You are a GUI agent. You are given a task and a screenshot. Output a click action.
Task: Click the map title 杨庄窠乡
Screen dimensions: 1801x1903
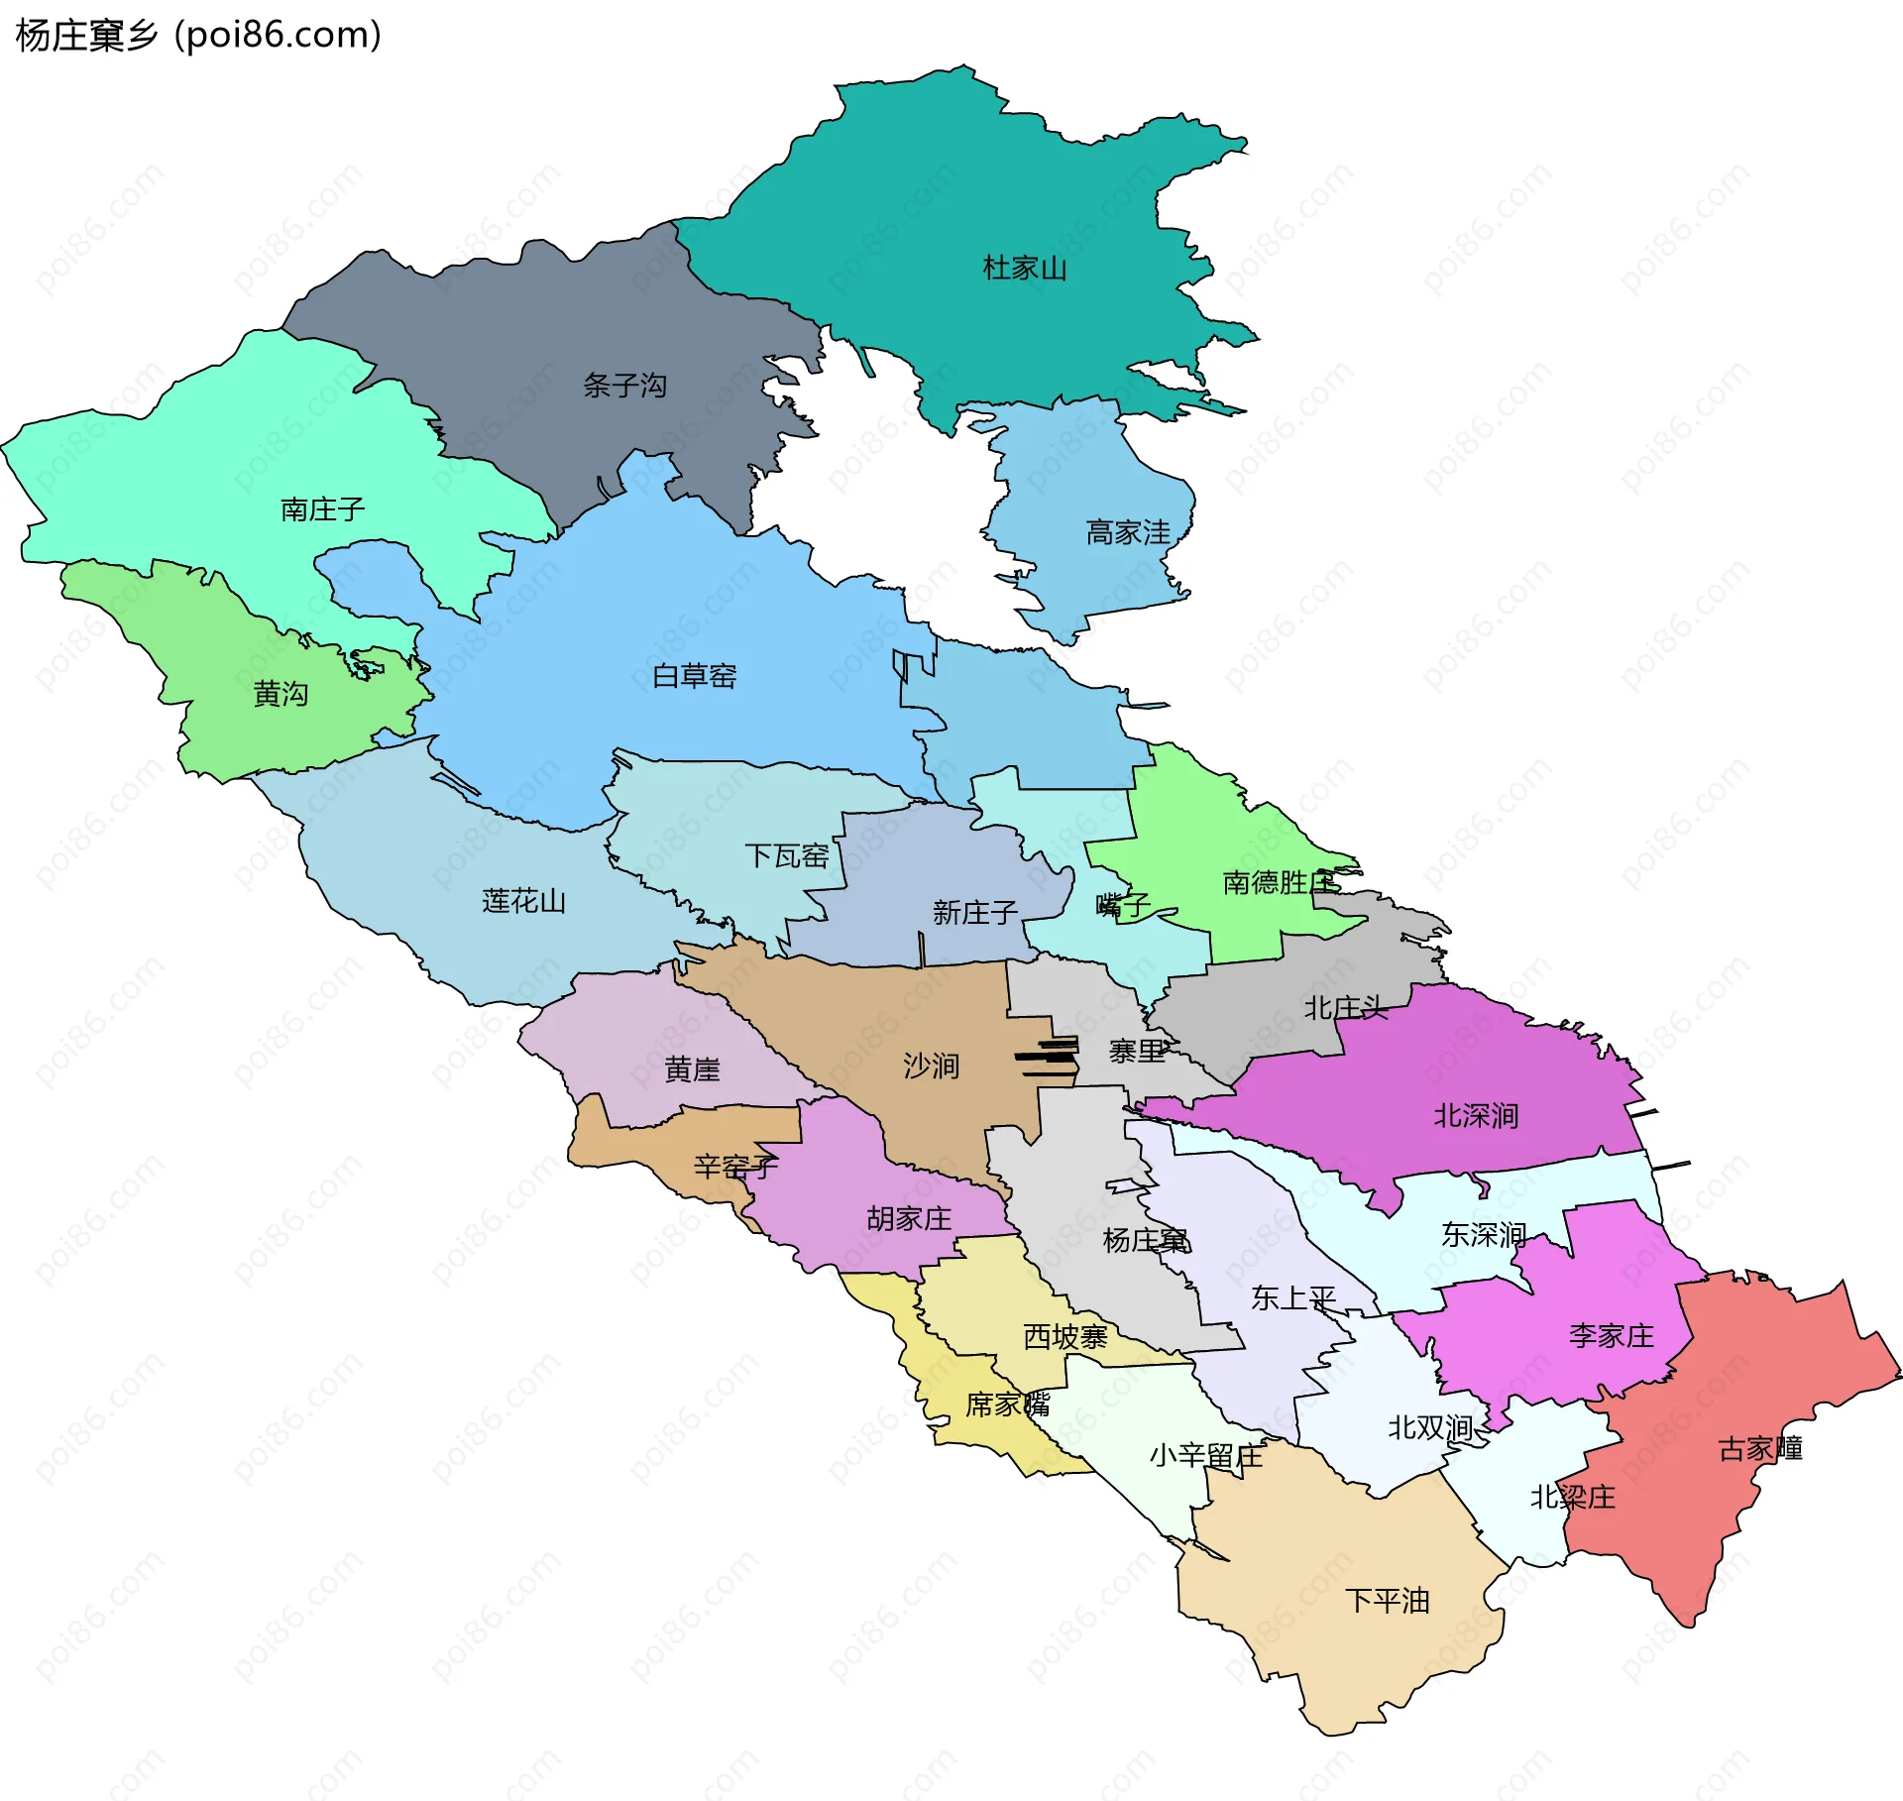click(x=87, y=35)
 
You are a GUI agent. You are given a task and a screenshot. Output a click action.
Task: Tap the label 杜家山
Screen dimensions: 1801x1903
click(x=1024, y=268)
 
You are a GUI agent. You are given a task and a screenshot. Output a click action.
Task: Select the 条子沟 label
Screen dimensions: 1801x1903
click(x=624, y=385)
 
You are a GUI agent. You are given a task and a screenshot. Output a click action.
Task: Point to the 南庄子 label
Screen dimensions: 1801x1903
click(x=323, y=509)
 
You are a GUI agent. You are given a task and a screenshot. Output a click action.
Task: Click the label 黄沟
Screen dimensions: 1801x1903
click(x=280, y=693)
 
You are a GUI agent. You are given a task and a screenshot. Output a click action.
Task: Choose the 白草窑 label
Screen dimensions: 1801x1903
click(x=694, y=676)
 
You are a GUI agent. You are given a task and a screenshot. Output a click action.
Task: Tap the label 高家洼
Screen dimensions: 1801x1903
click(x=1128, y=532)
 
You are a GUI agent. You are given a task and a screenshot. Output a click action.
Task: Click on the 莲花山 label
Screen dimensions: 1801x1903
click(x=523, y=900)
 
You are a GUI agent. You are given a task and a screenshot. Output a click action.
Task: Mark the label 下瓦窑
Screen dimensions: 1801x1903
click(x=786, y=855)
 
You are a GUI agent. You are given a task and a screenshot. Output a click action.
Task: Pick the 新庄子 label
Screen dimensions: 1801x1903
click(x=974, y=912)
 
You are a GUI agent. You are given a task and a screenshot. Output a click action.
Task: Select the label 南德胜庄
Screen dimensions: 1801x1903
click(x=1279, y=881)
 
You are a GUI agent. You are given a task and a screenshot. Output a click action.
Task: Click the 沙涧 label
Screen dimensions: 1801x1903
click(x=931, y=1066)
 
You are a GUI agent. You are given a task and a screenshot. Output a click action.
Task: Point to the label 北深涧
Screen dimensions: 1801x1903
click(x=1476, y=1115)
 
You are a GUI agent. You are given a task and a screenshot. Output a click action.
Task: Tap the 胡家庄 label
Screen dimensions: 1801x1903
click(x=909, y=1218)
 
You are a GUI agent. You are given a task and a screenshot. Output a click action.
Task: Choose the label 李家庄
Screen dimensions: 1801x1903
click(x=1612, y=1335)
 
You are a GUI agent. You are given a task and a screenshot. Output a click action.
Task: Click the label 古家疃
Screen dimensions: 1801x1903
click(x=1759, y=1448)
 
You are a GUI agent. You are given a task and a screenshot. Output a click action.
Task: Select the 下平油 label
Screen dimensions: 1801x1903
click(x=1387, y=1600)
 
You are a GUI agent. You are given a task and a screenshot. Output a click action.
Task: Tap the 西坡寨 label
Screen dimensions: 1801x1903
click(x=1064, y=1336)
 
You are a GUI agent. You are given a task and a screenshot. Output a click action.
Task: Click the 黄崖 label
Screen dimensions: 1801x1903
click(x=692, y=1069)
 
